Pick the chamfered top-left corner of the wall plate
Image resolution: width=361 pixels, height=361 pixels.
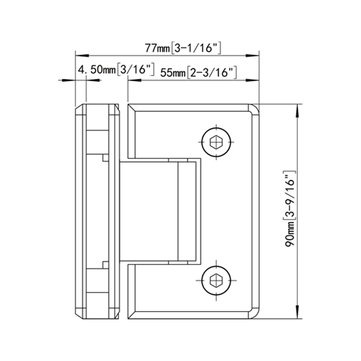pyautogui.click(x=77, y=109)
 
